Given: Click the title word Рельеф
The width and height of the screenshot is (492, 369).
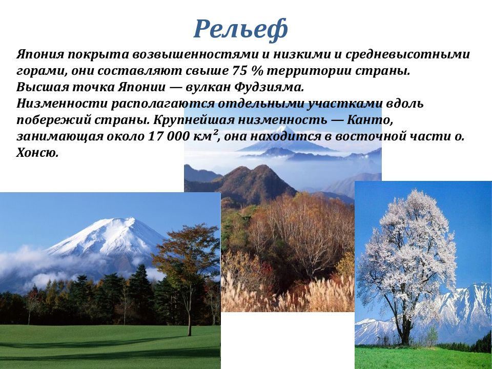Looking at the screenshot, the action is (240, 29).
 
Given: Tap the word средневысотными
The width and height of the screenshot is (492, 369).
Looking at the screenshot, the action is (407, 54).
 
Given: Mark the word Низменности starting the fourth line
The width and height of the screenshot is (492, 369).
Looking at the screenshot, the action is (62, 103).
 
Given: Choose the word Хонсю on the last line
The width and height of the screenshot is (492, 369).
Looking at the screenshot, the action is (37, 153).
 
